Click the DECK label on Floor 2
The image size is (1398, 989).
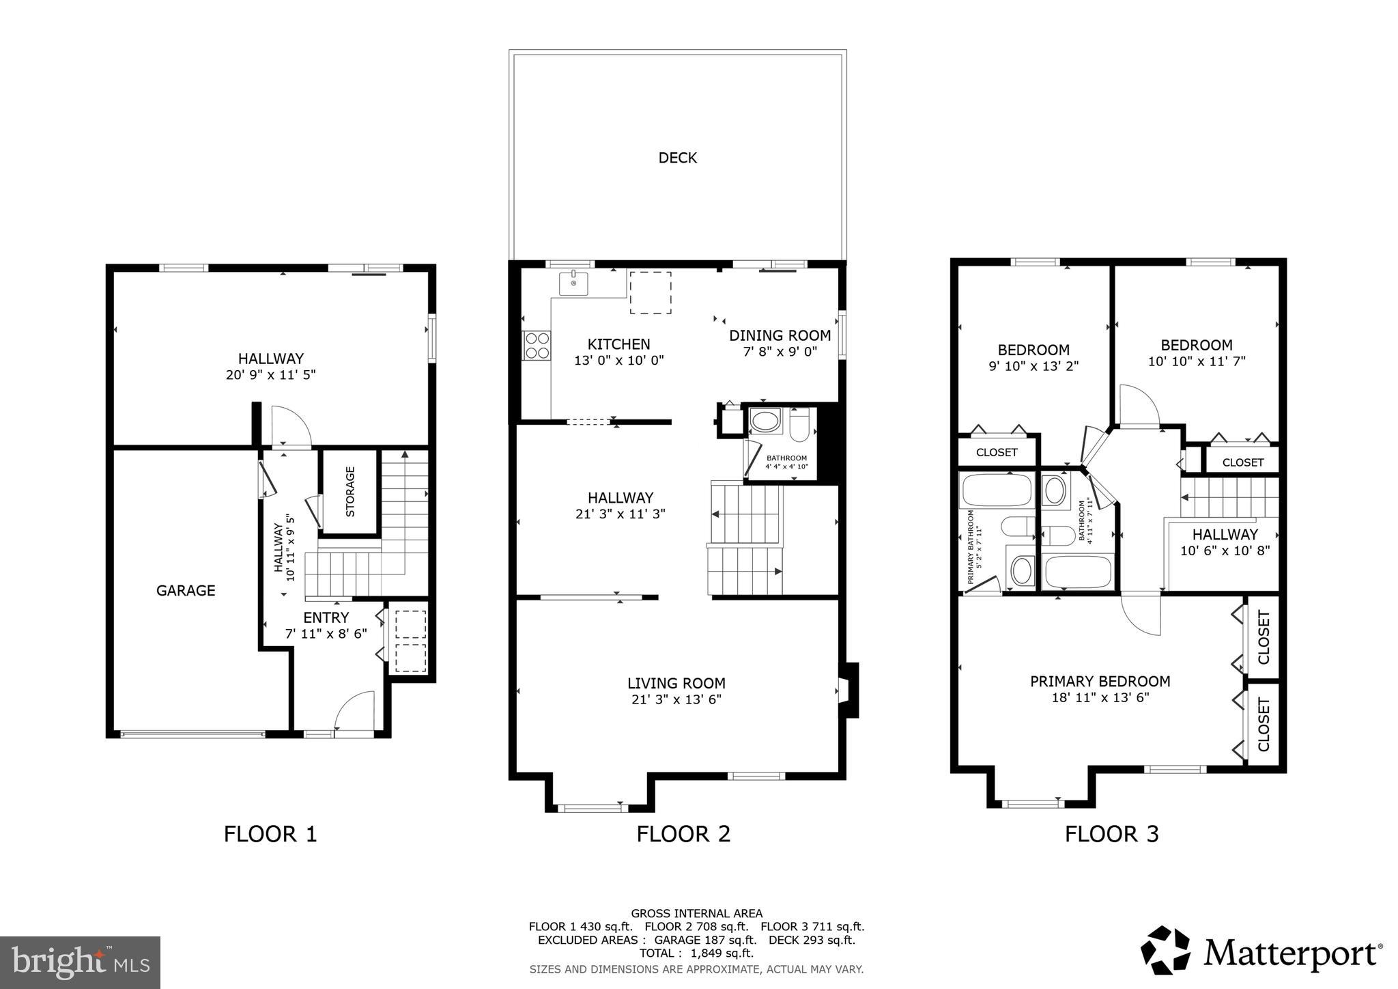point(678,158)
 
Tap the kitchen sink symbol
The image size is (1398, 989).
point(574,283)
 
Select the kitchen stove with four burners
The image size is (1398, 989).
point(537,345)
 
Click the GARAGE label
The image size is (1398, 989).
point(186,591)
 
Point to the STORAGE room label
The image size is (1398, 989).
point(350,491)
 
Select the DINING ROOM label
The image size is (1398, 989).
point(780,335)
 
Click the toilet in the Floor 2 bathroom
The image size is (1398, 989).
point(799,425)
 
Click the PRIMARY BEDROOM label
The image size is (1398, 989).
point(1100,681)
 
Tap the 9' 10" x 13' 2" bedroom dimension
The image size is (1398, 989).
point(1033,366)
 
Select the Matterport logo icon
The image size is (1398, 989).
point(1166,950)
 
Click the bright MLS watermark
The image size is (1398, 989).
point(81,962)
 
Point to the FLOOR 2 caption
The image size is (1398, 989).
point(683,834)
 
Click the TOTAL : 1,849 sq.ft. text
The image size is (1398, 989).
point(696,953)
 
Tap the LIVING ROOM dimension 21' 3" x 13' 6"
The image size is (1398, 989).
point(676,699)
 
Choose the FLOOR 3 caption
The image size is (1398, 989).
point(1112,834)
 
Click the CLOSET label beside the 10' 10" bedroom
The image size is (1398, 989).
point(1243,462)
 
